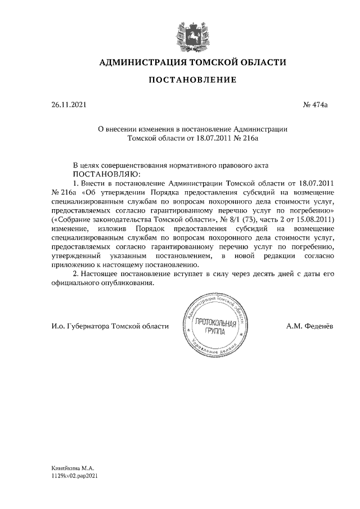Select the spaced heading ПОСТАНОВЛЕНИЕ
pyautogui.click(x=192, y=80)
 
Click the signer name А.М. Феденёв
pyautogui.click(x=309, y=327)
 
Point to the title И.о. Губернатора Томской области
pyautogui.click(x=109, y=327)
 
